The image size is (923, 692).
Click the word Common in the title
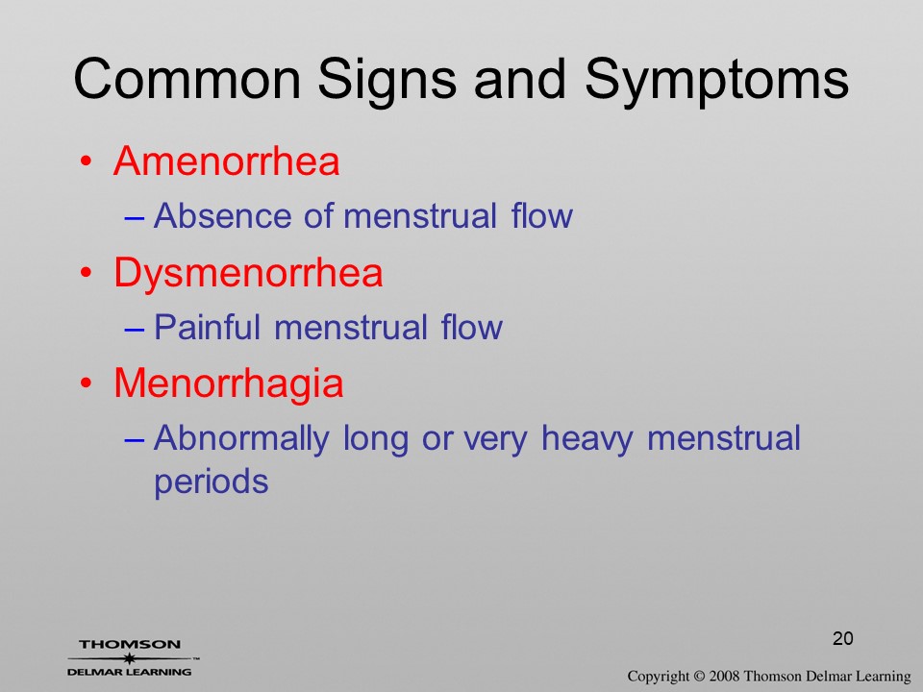[187, 79]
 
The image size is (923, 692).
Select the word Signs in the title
[387, 83]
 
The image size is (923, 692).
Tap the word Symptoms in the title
[716, 83]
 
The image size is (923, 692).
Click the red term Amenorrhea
[227, 161]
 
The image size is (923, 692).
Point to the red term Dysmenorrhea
[248, 274]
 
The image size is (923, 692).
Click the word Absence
[222, 215]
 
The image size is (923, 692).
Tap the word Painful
[207, 327]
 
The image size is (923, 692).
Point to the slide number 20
[843, 638]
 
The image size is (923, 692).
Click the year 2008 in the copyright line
[724, 676]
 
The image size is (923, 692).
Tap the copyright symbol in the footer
[699, 676]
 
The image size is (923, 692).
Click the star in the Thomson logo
[129, 658]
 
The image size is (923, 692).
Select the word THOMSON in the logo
[130, 644]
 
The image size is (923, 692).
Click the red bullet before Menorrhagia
[87, 384]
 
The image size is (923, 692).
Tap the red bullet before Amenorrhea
[87, 161]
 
